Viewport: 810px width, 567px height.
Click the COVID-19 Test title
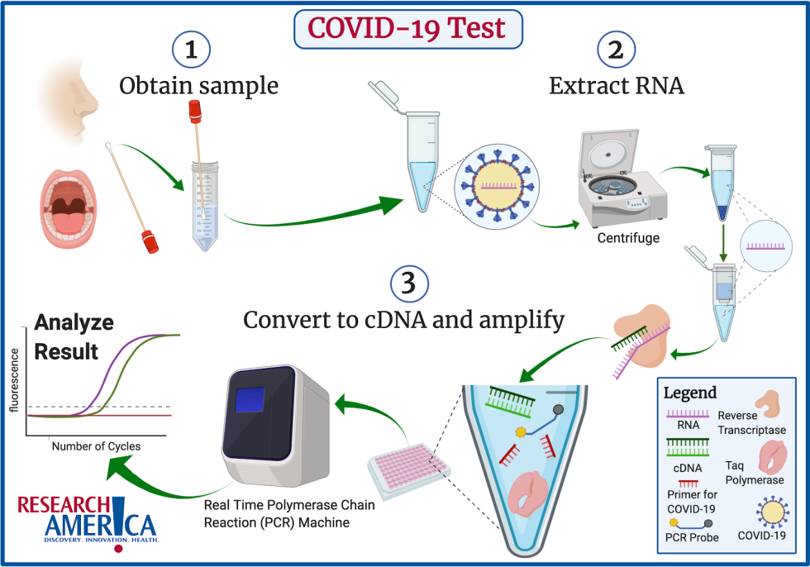[405, 28]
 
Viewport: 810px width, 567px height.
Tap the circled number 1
[192, 50]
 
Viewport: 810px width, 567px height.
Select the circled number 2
[615, 50]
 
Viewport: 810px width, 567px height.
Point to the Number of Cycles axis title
[96, 446]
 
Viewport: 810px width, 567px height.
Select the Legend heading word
[690, 393]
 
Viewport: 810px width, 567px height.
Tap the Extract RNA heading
[617, 85]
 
